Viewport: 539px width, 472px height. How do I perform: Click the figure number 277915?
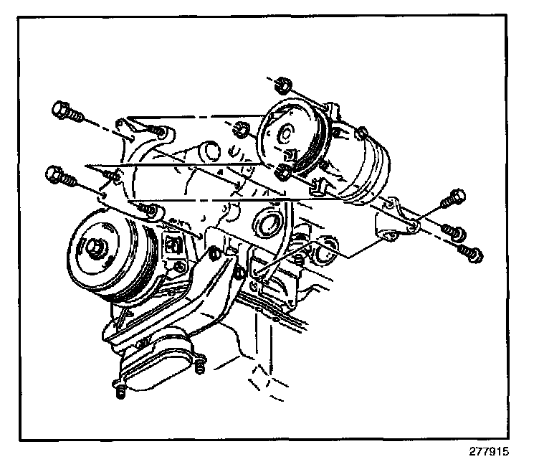point(489,451)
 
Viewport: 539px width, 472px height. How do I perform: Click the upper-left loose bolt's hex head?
point(60,110)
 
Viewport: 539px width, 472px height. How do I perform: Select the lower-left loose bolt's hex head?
point(54,175)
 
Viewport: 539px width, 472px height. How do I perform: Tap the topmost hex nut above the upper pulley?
point(283,85)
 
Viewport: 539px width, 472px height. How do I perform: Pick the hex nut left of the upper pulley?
point(241,130)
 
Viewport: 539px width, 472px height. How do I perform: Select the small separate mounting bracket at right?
point(396,221)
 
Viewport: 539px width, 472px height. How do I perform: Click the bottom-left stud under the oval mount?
point(120,391)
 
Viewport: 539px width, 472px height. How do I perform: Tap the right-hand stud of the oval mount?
point(199,366)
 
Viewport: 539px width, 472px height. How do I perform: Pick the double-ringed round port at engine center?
point(266,226)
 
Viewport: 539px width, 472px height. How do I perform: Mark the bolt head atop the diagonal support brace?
point(215,253)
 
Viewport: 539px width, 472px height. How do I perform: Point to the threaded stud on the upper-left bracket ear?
point(156,131)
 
